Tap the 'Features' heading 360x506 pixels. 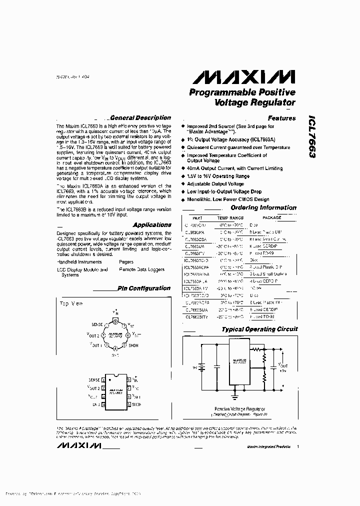tap(281, 118)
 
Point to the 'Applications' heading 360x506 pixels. tap(152, 225)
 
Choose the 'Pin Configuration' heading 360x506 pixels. tap(144, 288)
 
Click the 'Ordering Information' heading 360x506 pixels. tap(263, 208)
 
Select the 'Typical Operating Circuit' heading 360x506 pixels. tap(259, 329)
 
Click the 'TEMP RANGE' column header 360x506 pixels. tap(230, 218)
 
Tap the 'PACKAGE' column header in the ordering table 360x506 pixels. tap(271, 218)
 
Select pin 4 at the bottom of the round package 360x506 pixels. tap(114, 348)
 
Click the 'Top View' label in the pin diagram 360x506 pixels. tap(71, 303)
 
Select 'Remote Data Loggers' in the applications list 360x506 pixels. tap(141, 269)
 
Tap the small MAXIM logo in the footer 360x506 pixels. tap(80, 445)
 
